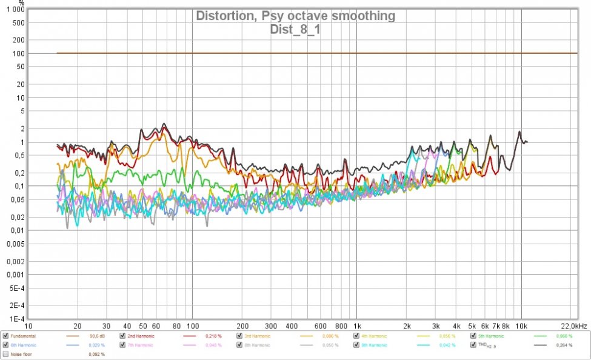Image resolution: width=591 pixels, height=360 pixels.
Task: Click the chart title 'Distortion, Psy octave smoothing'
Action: (x=295, y=16)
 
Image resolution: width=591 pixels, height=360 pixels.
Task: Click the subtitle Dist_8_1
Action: (x=295, y=28)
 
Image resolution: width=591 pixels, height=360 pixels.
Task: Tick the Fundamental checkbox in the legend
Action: (x=5, y=335)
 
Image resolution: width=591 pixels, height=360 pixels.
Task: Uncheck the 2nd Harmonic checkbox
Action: (x=122, y=335)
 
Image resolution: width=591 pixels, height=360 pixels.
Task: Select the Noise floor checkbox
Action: (x=5, y=354)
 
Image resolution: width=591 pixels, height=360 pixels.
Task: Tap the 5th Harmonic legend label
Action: (x=490, y=335)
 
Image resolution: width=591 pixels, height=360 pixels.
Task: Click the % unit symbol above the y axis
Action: (x=22, y=2)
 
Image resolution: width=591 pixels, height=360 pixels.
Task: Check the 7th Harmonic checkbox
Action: (x=122, y=345)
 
